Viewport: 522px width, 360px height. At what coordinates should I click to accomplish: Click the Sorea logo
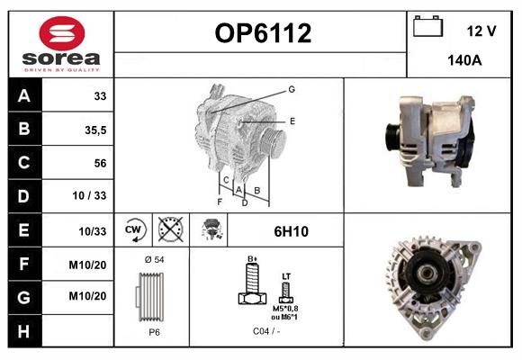[61, 44]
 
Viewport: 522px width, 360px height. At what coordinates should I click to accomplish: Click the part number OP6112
[262, 34]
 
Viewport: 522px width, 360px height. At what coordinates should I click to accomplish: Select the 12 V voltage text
[481, 31]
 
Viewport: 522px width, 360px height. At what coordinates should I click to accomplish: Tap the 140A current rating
[465, 62]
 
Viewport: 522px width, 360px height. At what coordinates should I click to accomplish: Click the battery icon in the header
[428, 27]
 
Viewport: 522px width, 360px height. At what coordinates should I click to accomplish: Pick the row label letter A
[24, 96]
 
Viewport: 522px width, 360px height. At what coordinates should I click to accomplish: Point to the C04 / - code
[265, 331]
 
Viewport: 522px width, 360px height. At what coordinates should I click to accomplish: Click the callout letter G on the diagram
[292, 89]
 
